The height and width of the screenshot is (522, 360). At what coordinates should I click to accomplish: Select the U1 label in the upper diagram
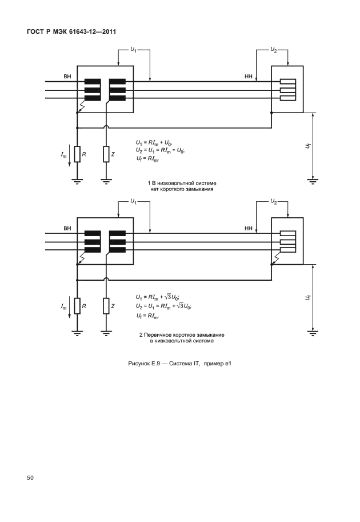pyautogui.click(x=133, y=50)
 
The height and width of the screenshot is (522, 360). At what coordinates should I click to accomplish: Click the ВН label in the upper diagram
pyautogui.click(x=67, y=75)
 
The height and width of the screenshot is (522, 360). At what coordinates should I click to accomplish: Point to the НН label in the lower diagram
pyautogui.click(x=249, y=228)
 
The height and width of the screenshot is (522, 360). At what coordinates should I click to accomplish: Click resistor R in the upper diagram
pyautogui.click(x=77, y=154)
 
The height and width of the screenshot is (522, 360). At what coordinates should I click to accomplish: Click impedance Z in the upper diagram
pyautogui.click(x=106, y=154)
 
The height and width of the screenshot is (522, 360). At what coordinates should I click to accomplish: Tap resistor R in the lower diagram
pyautogui.click(x=77, y=307)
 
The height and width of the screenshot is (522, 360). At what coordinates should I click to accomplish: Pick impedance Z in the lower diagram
pyautogui.click(x=106, y=307)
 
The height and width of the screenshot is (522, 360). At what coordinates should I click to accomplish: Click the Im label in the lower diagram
pyautogui.click(x=64, y=308)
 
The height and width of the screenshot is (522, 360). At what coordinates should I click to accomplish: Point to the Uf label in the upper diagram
pyautogui.click(x=309, y=146)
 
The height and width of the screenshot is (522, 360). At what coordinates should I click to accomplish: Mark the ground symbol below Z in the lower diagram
pyautogui.click(x=106, y=333)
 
